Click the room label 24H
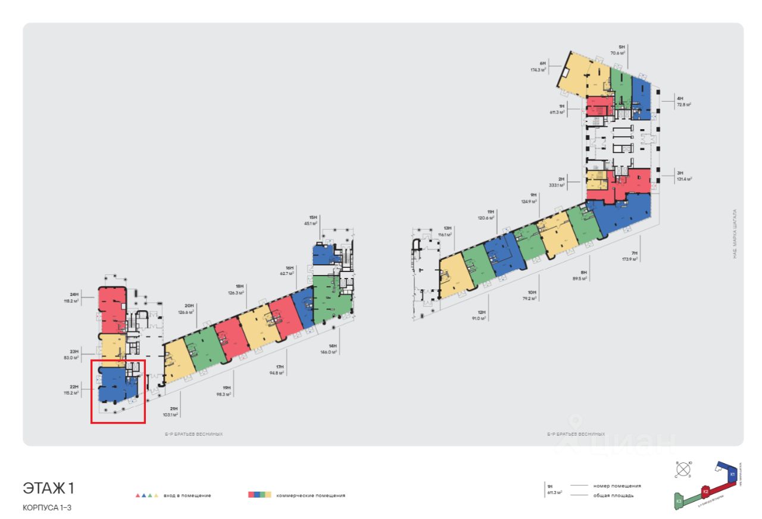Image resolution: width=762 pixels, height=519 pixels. click(74, 294)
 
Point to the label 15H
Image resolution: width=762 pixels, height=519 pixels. click(313, 218)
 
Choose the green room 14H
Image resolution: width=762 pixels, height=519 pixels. click(330, 301)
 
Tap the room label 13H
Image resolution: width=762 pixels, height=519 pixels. click(448, 228)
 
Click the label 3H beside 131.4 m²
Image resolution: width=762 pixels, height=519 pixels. click(680, 173)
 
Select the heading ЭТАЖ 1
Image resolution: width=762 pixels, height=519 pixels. click(49, 489)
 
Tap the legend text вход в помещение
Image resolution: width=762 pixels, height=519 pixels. click(189, 495)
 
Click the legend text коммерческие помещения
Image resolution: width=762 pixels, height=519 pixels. click(314, 495)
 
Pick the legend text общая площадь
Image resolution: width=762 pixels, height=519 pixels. click(613, 495)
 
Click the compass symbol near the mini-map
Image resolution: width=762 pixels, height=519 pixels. click(683, 468)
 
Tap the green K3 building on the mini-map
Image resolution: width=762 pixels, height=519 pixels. click(679, 501)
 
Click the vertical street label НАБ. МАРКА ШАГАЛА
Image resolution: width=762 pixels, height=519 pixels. click(735, 232)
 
